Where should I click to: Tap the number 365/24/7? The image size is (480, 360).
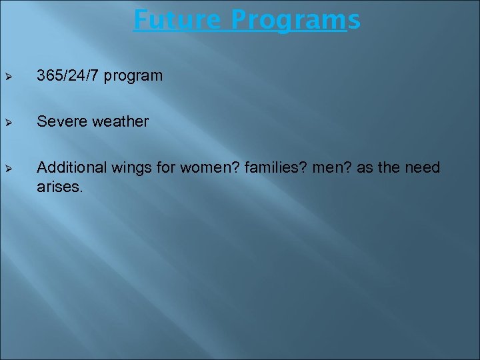point(69,76)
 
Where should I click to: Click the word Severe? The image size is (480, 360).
point(61,121)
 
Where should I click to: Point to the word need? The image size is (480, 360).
point(423,167)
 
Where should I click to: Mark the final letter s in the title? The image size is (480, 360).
point(354,20)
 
